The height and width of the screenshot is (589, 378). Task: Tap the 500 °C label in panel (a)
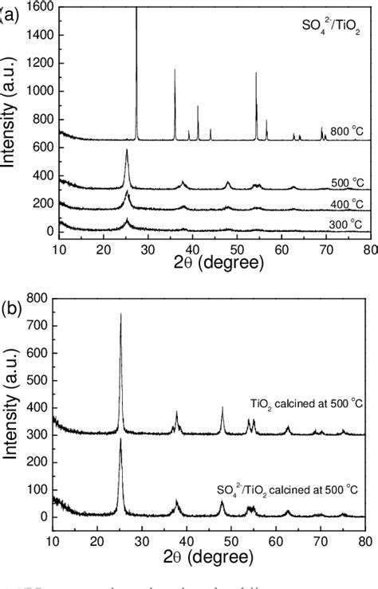[345, 183]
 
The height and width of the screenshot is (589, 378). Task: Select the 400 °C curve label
[345, 203]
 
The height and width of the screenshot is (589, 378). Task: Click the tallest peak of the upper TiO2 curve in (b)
[120, 314]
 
